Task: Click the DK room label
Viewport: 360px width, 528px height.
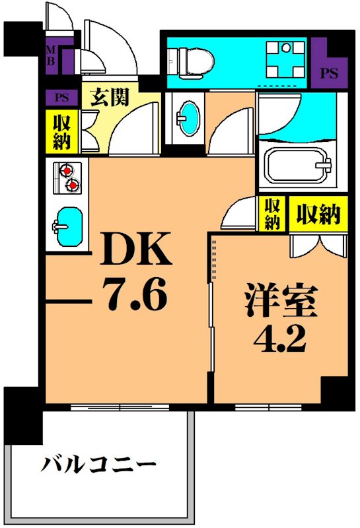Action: coord(137,250)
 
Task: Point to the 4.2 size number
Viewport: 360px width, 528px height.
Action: coord(277,337)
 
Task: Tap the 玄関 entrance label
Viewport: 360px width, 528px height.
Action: coord(110,99)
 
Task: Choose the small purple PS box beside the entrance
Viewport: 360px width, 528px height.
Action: coord(61,98)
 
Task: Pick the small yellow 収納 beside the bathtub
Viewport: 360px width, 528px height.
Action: coord(271,214)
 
